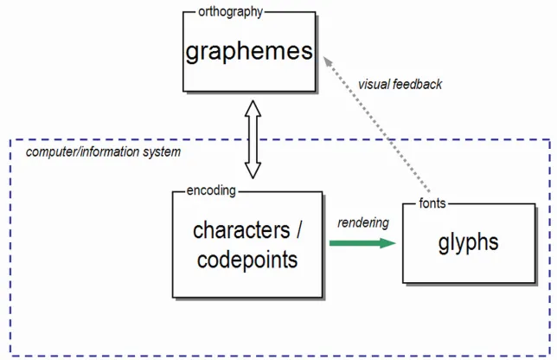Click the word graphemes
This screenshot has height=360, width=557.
248,51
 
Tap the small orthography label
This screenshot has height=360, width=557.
224,12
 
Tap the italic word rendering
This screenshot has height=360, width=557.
363,222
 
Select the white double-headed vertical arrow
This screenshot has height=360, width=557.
253,138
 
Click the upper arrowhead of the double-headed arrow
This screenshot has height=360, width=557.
253,108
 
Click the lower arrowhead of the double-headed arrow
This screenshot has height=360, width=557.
253,170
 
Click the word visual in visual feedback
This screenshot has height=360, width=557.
376,85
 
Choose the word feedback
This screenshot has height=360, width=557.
420,85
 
